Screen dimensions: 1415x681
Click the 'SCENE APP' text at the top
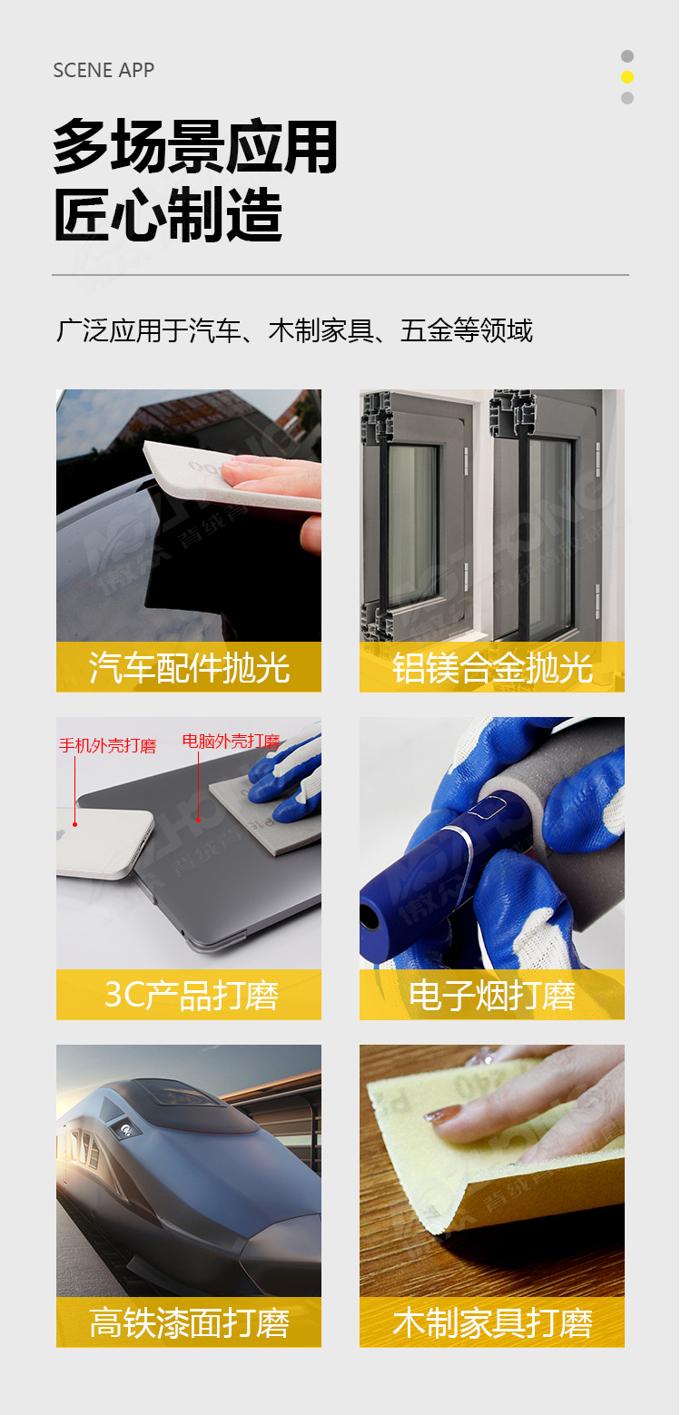pyautogui.click(x=104, y=70)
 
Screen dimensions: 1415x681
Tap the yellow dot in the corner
pyautogui.click(x=627, y=77)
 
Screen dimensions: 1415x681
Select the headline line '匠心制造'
pyautogui.click(x=168, y=216)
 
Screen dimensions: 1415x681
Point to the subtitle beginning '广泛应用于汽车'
pyautogui.click(x=294, y=331)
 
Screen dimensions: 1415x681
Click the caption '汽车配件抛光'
pyautogui.click(x=189, y=667)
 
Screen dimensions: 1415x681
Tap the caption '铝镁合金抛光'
pyautogui.click(x=492, y=667)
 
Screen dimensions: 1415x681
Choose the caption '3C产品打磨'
pyautogui.click(x=189, y=995)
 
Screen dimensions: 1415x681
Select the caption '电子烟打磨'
pyautogui.click(x=492, y=995)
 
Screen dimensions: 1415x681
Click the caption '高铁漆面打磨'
pyautogui.click(x=189, y=1322)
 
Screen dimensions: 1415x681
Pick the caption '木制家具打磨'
pyautogui.click(x=492, y=1322)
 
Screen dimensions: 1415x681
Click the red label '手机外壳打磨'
pyautogui.click(x=107, y=746)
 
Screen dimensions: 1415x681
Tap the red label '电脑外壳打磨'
pyautogui.click(x=231, y=741)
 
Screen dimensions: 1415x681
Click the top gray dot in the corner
pyautogui.click(x=627, y=56)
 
